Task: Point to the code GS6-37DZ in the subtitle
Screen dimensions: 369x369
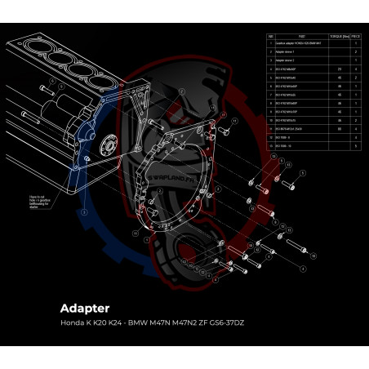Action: pyautogui.click(x=224, y=322)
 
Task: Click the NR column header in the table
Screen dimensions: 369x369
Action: pyautogui.click(x=271, y=37)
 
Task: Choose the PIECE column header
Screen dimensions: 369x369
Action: pyautogui.click(x=356, y=37)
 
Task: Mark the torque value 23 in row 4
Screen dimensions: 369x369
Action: pyautogui.click(x=339, y=69)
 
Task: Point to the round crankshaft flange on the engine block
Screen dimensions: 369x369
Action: pyautogui.click(x=107, y=149)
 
